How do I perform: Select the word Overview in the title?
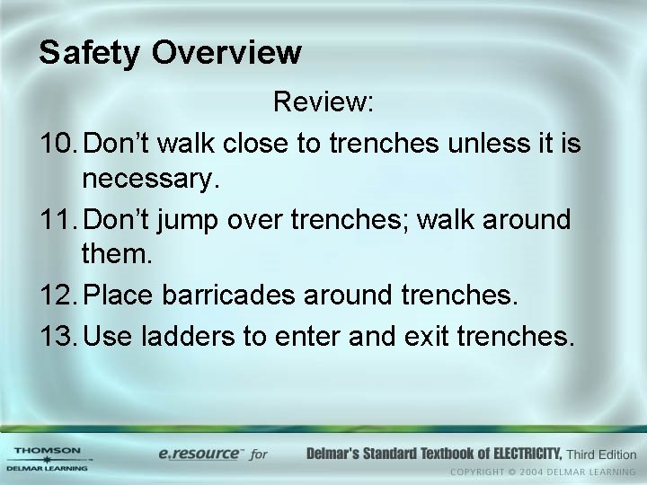[226, 52]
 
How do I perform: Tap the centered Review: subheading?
[323, 103]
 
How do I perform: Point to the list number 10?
[58, 142]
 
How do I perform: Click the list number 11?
[58, 219]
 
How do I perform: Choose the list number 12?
[58, 295]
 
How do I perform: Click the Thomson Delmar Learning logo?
[47, 458]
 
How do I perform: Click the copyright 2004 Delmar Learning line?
[543, 472]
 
